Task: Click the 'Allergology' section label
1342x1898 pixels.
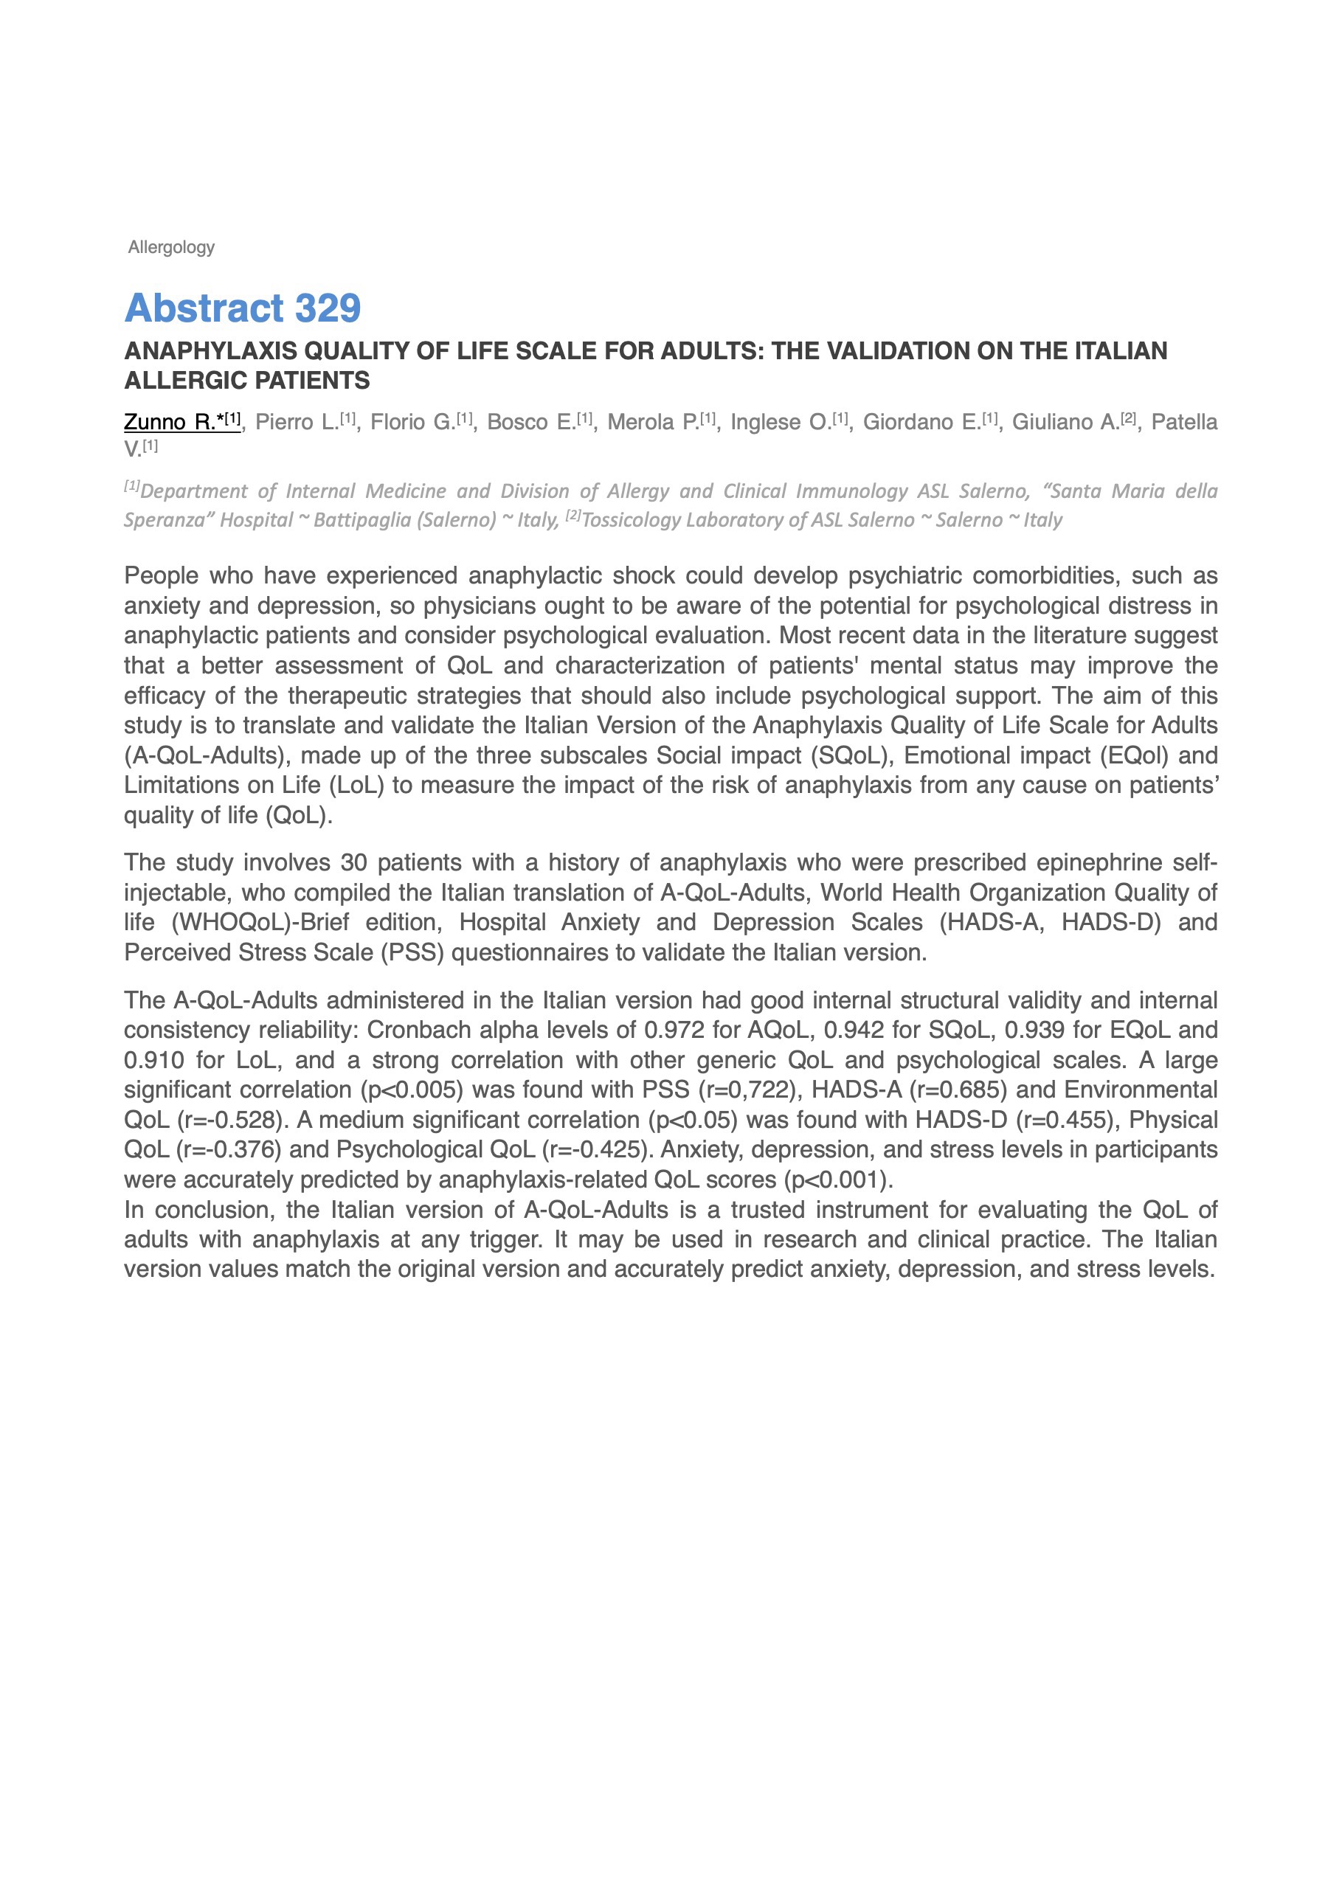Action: click(x=171, y=247)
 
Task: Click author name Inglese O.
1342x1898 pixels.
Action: click(x=781, y=423)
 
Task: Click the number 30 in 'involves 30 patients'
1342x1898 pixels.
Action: click(x=354, y=863)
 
